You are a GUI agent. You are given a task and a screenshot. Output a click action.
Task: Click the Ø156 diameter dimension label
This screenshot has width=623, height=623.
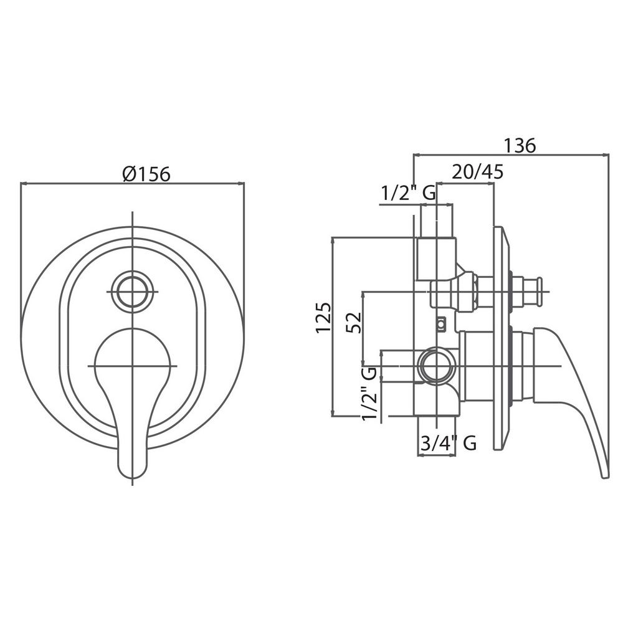point(146,174)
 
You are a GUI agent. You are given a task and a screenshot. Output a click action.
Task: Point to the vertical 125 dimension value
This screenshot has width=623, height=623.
point(324,318)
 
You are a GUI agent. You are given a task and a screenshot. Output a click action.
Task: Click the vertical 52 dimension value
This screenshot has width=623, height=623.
point(354,322)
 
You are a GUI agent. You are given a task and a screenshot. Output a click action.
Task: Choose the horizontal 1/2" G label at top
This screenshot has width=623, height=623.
point(409,194)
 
